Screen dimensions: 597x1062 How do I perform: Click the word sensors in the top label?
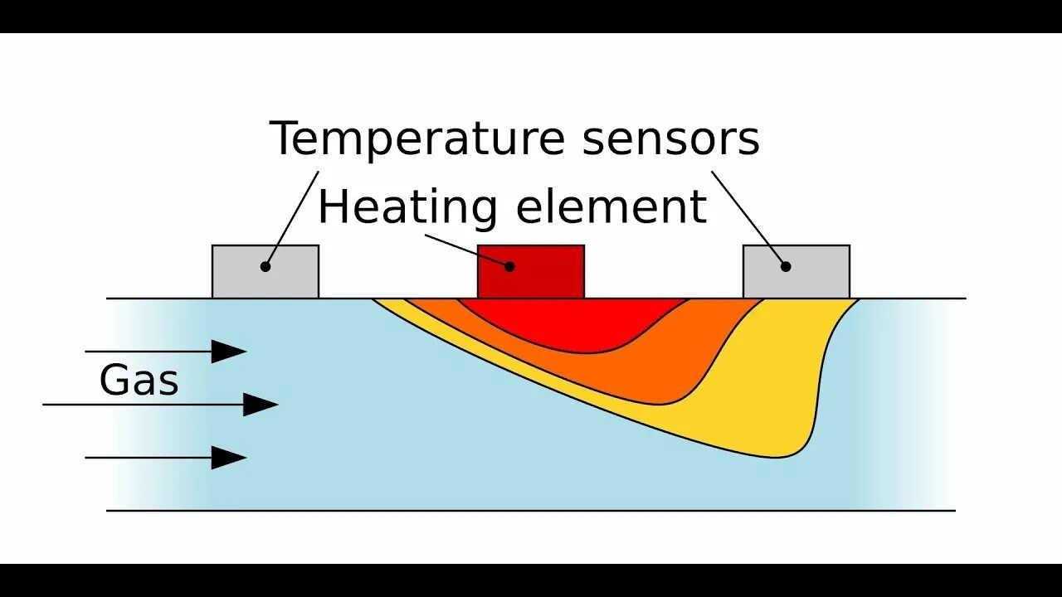pos(670,139)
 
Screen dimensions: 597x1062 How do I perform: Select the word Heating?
pos(407,206)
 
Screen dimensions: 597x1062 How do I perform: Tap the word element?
pos(611,206)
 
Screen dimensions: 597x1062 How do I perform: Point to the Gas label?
pos(139,381)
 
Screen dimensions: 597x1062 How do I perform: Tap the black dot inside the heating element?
pos(509,266)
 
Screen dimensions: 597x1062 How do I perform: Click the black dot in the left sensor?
pos(265,266)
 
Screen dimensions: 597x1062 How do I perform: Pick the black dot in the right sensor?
pos(786,266)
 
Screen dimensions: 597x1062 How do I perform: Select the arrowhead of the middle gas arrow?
pos(261,405)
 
